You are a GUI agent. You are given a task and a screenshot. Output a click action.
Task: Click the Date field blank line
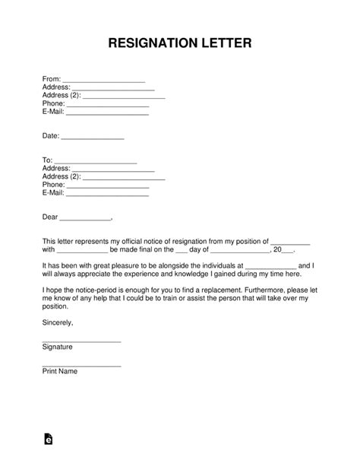(92, 138)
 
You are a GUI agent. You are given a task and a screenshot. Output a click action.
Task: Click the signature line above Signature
(81, 341)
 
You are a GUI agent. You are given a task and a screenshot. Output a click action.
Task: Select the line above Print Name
(81, 366)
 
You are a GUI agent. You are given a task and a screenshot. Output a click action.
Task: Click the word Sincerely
(58, 323)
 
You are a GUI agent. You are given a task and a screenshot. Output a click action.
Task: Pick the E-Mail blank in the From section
(107, 114)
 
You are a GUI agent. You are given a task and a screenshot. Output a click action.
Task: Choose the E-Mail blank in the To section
(107, 195)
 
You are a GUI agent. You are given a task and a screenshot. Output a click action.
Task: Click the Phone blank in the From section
(108, 106)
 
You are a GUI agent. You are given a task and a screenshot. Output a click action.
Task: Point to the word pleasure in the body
(116, 265)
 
